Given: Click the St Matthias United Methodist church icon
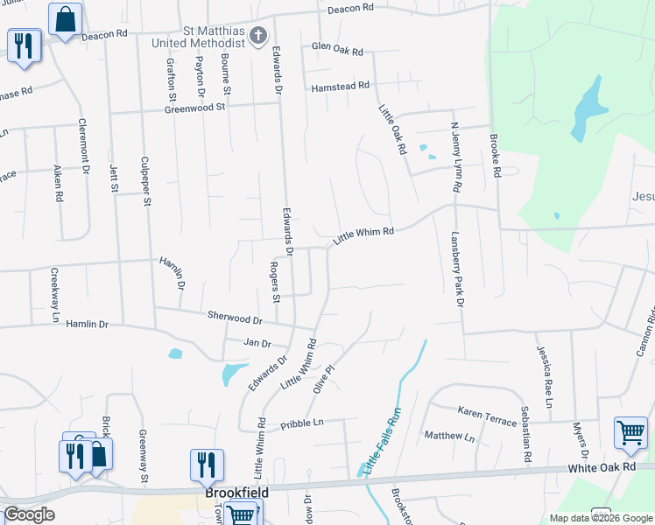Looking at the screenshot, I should click(257, 36).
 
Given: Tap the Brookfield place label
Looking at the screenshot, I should click(236, 493).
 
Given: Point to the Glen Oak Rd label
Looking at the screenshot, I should click(337, 51).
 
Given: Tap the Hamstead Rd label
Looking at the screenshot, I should click(341, 87).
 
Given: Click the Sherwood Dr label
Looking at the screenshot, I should click(235, 318).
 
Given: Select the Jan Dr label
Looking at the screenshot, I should click(257, 343).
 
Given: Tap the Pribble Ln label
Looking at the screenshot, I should click(302, 423).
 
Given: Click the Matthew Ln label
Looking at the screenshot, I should click(448, 436).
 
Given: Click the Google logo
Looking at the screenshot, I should click(29, 514).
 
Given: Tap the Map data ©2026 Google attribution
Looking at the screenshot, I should click(600, 518).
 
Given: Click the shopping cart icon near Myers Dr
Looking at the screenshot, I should click(630, 432).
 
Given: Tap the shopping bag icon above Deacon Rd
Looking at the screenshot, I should click(65, 19).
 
